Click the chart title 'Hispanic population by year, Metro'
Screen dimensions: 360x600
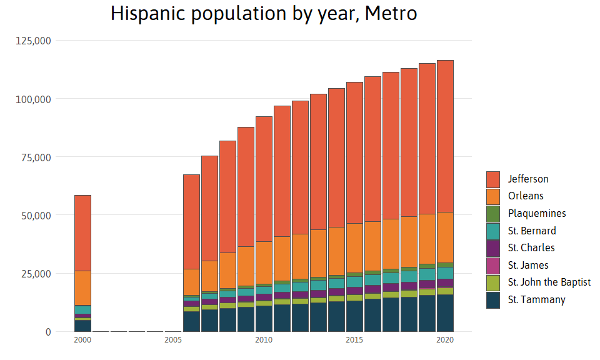coord(264,13)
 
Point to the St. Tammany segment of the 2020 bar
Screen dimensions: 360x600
coord(445,313)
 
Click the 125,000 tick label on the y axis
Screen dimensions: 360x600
coord(32,41)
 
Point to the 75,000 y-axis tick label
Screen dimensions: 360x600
coord(35,157)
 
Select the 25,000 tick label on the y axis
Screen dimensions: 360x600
coord(35,274)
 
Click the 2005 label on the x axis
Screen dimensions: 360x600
coord(173,340)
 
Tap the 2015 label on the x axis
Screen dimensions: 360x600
coord(354,340)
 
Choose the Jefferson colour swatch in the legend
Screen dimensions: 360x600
coord(493,179)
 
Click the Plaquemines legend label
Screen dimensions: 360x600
coord(537,214)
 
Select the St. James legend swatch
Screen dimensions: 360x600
coord(493,266)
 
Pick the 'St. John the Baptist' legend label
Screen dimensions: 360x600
coord(549,282)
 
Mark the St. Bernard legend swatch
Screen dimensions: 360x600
coord(493,231)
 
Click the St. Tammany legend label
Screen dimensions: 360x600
coord(536,300)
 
